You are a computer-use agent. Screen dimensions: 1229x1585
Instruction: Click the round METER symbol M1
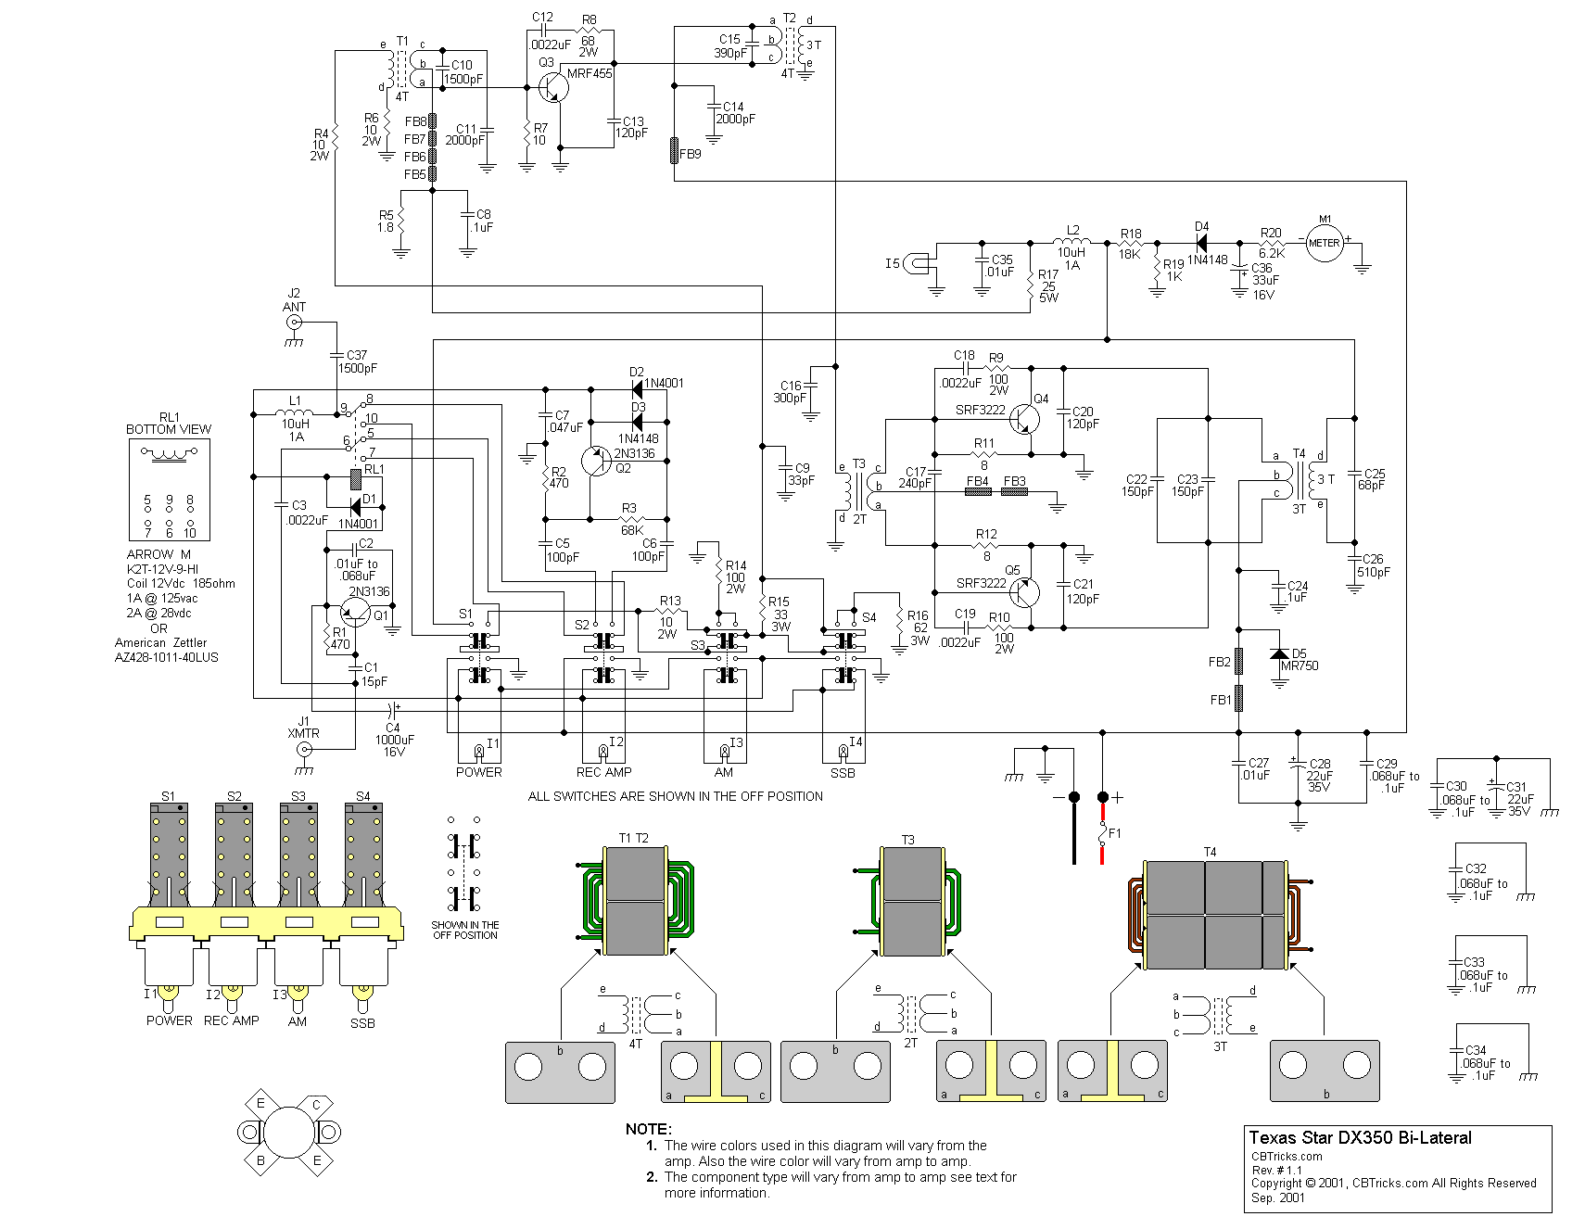(1324, 243)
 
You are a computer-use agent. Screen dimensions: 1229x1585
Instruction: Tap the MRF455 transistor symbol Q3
(552, 88)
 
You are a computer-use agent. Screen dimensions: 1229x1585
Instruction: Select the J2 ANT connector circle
(294, 323)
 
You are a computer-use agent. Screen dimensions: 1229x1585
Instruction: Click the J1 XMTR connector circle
(303, 749)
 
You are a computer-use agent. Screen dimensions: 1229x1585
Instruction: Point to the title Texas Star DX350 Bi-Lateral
(1359, 1138)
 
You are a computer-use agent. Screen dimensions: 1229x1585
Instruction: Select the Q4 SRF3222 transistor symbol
(1024, 420)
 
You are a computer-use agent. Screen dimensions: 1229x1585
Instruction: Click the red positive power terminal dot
(1102, 797)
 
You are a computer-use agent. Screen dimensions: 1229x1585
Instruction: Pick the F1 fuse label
(1115, 833)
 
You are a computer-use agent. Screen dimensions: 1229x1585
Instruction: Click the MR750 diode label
(1300, 666)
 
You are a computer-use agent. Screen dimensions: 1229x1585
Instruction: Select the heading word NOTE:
(648, 1129)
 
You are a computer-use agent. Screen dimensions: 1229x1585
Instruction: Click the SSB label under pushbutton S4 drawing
(362, 1023)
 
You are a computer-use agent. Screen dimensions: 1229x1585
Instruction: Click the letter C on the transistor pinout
(316, 1105)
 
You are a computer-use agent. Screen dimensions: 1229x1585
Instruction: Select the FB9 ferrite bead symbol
(675, 150)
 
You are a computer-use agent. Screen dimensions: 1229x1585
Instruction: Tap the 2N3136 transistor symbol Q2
(595, 461)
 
